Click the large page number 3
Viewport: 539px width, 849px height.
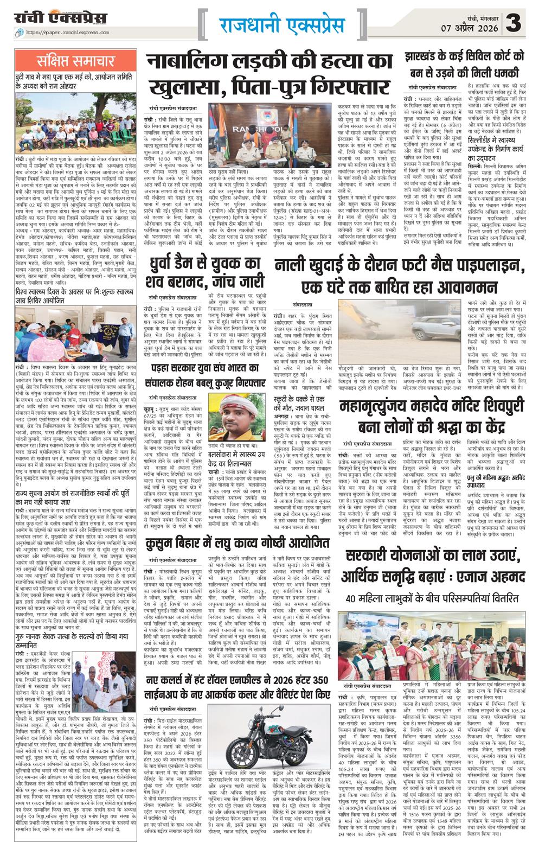click(517, 24)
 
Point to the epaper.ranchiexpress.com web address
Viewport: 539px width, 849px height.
click(81, 33)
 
